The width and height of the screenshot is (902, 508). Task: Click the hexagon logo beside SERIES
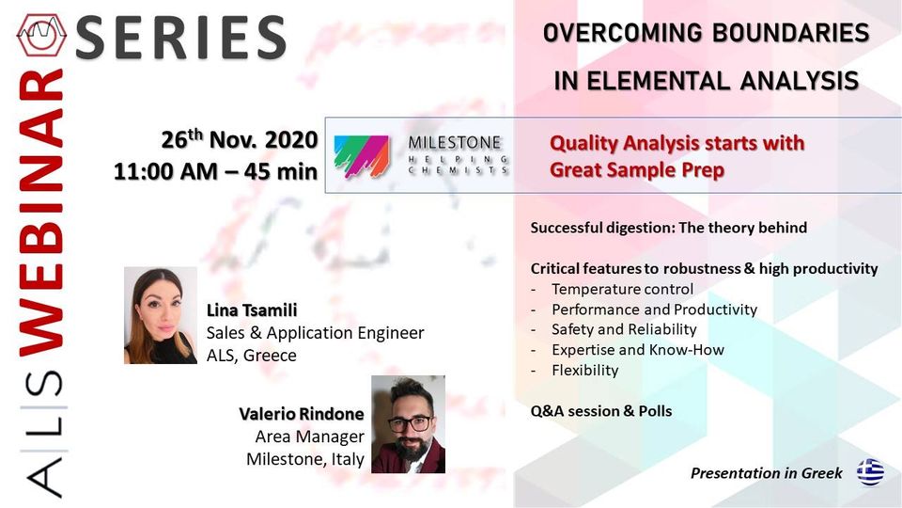(41, 35)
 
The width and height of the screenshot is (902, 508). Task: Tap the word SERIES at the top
(180, 38)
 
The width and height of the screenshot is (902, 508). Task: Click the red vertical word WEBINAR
(40, 213)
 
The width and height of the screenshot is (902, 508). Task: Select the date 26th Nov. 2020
(239, 139)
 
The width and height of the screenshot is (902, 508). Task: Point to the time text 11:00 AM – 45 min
(215, 171)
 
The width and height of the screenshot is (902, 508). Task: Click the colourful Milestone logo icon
(361, 156)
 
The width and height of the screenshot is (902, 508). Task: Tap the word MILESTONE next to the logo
(455, 142)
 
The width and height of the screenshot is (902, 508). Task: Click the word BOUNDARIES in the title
(790, 33)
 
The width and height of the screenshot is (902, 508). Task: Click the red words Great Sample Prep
(637, 170)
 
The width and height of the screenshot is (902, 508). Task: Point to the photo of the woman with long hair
(161, 315)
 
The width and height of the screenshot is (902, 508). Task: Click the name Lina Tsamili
(252, 310)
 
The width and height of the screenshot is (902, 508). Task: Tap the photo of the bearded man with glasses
(408, 424)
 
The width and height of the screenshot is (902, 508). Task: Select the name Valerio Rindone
(302, 414)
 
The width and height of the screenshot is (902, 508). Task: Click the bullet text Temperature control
(622, 289)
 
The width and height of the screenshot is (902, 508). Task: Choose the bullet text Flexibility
(585, 370)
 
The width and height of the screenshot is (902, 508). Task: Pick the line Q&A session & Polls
(601, 411)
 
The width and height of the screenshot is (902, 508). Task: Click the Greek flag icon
(870, 472)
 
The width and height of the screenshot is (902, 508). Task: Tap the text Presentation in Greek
(767, 473)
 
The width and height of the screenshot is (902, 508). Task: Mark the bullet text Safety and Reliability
(624, 329)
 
